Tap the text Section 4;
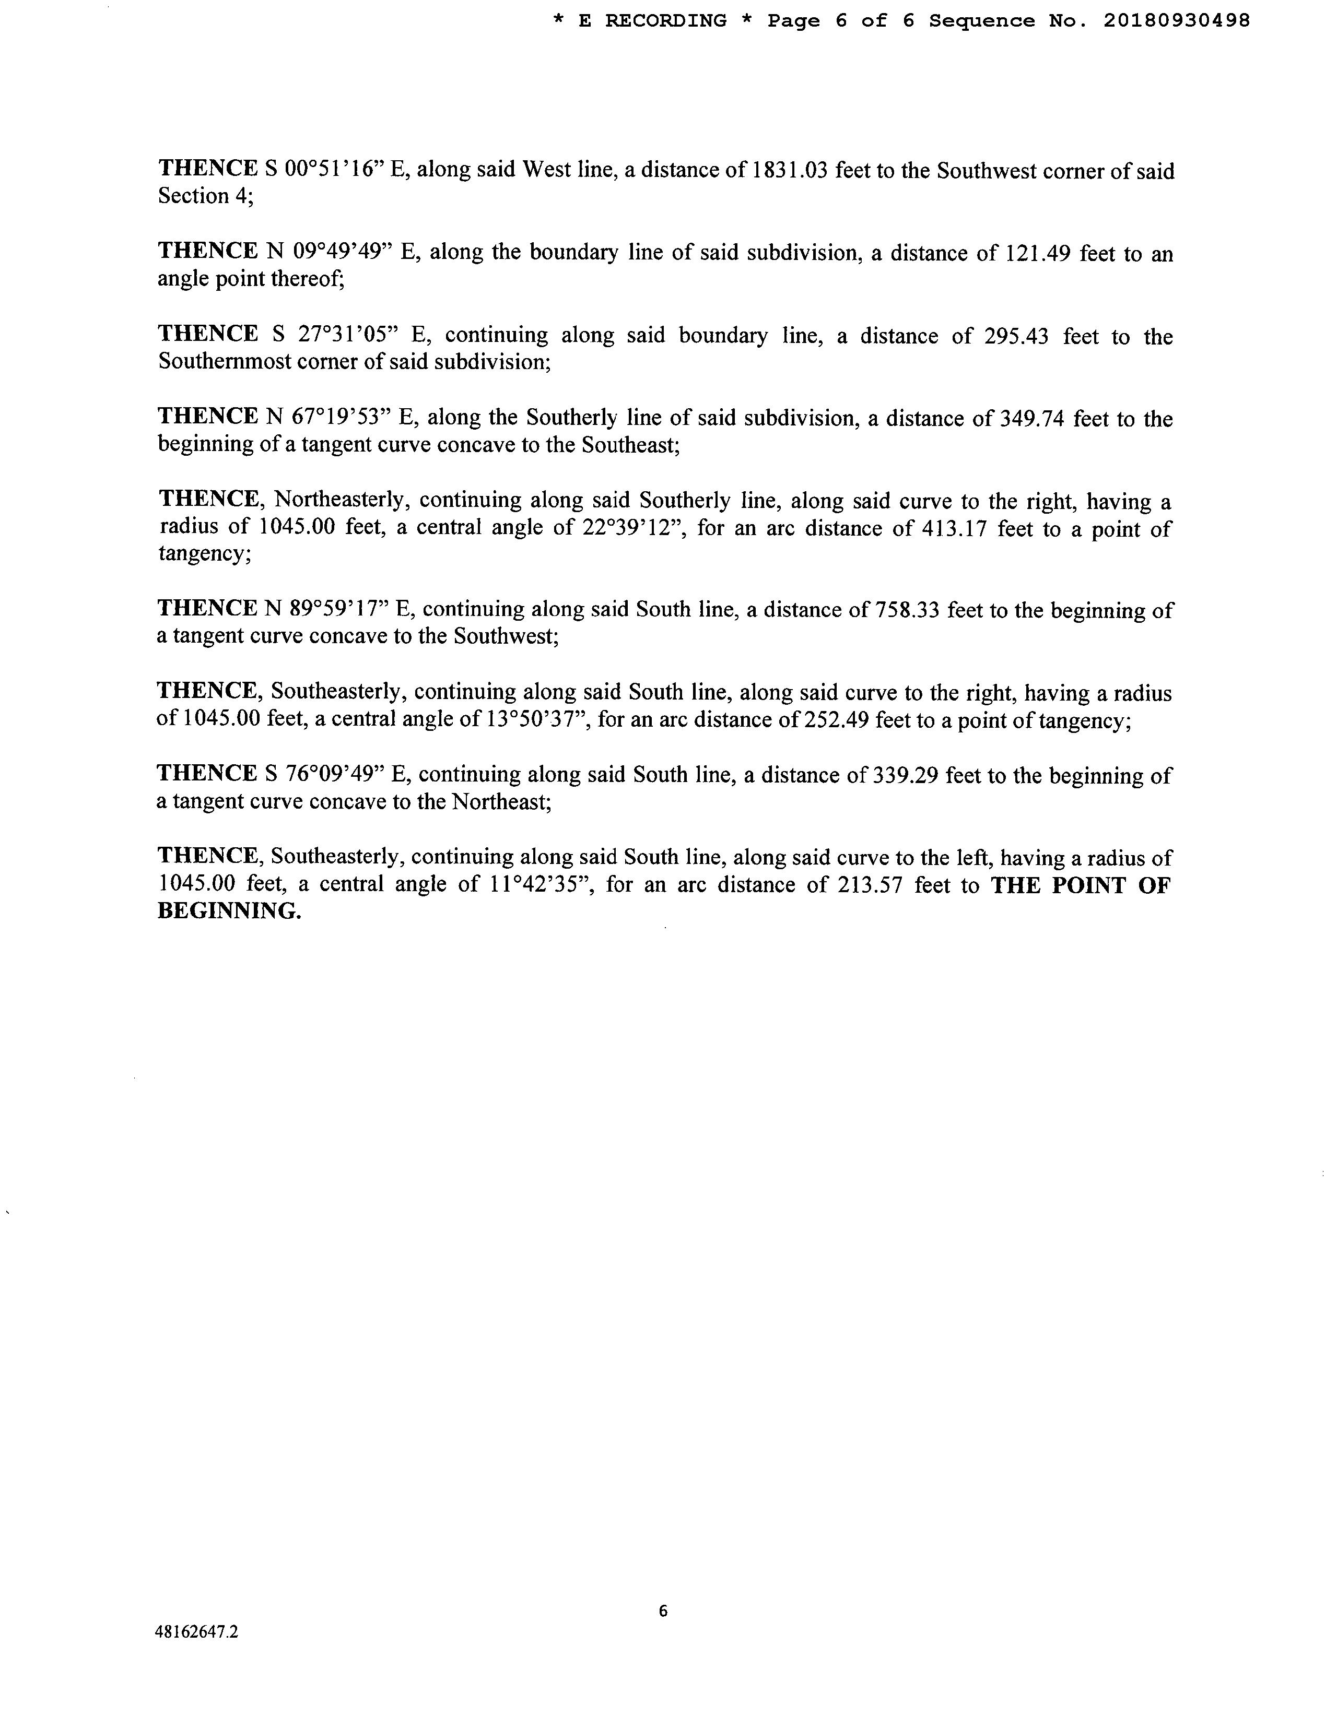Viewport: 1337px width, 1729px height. [205, 196]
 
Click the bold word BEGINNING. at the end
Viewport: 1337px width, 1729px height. [230, 911]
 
